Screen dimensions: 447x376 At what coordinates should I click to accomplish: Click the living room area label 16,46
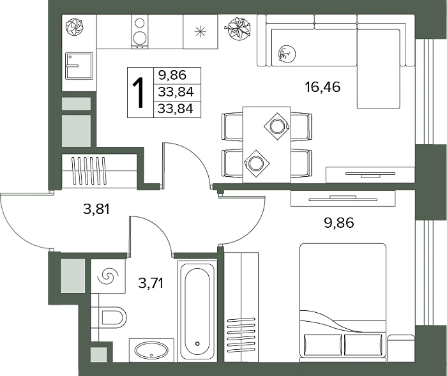(322, 87)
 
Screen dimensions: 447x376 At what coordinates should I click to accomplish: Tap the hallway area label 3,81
(96, 209)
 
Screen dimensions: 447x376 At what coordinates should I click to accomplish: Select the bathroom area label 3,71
(151, 283)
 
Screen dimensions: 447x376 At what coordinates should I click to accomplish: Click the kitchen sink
(79, 66)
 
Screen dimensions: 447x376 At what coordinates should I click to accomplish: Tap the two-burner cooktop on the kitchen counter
(140, 31)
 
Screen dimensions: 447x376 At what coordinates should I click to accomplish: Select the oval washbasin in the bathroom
(151, 350)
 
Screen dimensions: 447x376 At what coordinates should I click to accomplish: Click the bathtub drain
(197, 343)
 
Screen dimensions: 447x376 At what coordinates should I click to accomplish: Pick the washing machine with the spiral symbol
(108, 276)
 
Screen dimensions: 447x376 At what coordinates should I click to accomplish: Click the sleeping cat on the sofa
(287, 54)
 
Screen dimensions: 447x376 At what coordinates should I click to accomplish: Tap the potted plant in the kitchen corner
(75, 27)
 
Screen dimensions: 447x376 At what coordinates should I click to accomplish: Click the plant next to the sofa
(238, 29)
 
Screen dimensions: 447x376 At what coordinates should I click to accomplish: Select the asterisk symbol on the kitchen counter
(200, 31)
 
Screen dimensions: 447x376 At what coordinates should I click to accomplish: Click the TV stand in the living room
(370, 174)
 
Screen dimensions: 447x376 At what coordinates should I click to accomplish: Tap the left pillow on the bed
(322, 345)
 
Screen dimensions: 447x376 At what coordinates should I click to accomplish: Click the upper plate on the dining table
(277, 126)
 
